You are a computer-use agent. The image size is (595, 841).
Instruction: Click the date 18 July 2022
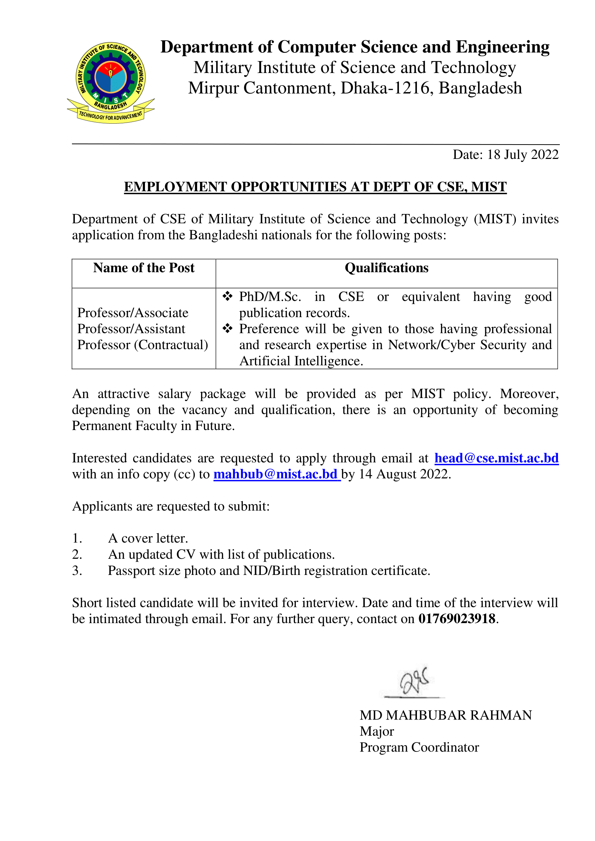click(522, 155)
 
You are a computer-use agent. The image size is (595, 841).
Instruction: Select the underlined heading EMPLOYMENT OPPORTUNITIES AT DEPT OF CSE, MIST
click(315, 187)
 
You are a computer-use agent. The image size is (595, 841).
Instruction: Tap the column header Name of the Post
click(144, 268)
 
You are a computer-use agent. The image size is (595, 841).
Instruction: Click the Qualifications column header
click(386, 268)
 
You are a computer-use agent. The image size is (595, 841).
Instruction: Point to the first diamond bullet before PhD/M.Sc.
click(227, 296)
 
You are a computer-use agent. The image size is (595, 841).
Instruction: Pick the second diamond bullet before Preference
click(227, 328)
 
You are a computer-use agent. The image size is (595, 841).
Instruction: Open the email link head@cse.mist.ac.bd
click(496, 458)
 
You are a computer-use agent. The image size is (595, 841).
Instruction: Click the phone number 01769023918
click(457, 619)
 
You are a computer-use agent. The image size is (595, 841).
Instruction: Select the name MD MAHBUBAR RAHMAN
click(445, 715)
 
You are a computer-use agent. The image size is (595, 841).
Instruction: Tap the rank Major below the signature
click(377, 731)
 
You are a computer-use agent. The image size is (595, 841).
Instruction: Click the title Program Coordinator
click(419, 747)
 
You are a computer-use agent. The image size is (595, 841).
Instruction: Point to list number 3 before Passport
click(77, 571)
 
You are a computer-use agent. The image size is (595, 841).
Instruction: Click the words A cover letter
click(148, 538)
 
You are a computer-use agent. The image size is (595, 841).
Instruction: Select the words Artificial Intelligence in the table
click(301, 361)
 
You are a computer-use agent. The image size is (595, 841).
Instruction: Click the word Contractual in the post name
click(171, 345)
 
